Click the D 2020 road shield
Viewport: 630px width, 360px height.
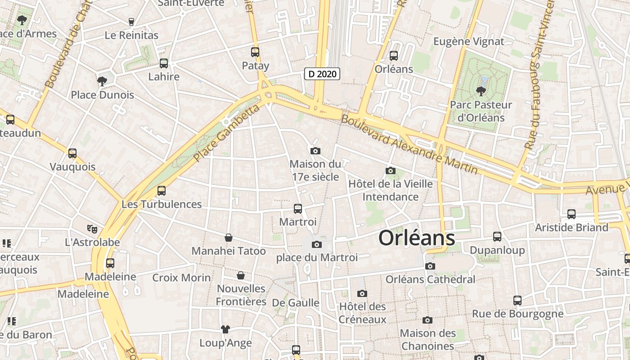pyautogui.click(x=322, y=74)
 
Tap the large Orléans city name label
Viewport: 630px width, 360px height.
pyautogui.click(x=417, y=238)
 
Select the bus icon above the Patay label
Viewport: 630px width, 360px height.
pyautogui.click(x=255, y=52)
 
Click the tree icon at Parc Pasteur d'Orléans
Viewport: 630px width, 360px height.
pyautogui.click(x=481, y=91)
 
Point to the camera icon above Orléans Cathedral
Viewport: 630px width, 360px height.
pyautogui.click(x=430, y=266)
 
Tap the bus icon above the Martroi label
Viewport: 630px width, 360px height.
pyautogui.click(x=297, y=209)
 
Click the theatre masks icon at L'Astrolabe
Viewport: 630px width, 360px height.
pyautogui.click(x=92, y=229)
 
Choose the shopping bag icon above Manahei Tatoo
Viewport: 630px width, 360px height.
pyautogui.click(x=229, y=238)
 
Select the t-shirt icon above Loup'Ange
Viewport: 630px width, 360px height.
pyautogui.click(x=225, y=329)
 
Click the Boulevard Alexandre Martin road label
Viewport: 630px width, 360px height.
pyautogui.click(x=409, y=144)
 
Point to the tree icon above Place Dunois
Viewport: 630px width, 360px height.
pyautogui.click(x=102, y=81)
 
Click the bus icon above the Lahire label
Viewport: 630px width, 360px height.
pyautogui.click(x=164, y=63)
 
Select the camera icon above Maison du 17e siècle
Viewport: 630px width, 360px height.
pyautogui.click(x=315, y=151)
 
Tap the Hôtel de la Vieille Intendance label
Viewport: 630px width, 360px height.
pyautogui.click(x=391, y=190)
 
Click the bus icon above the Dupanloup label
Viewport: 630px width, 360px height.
pyautogui.click(x=497, y=237)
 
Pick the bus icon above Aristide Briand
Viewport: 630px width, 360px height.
pyautogui.click(x=571, y=214)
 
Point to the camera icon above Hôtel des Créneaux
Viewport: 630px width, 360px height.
pyautogui.click(x=362, y=294)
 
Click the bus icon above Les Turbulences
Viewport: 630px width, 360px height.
pyautogui.click(x=162, y=191)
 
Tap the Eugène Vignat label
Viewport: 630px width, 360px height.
pyautogui.click(x=468, y=42)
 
